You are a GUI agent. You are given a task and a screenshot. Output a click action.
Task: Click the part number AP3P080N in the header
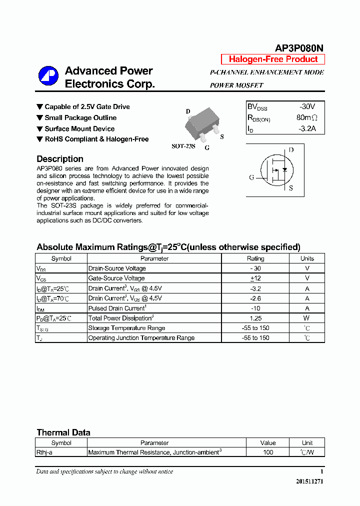[x=299, y=48]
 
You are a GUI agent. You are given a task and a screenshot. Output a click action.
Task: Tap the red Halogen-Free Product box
[x=273, y=59]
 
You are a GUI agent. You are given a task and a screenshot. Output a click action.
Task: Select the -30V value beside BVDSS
[x=306, y=106]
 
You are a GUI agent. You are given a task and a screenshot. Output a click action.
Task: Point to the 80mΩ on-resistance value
[x=306, y=118]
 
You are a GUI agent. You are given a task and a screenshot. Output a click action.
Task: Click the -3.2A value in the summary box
[x=306, y=128]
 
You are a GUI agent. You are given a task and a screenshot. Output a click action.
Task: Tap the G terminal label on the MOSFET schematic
[x=251, y=177]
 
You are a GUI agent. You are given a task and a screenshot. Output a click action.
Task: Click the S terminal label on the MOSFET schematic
[x=291, y=188]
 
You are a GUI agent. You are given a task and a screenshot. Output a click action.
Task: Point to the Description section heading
[x=60, y=159]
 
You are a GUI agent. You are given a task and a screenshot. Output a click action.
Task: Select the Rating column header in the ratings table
[x=255, y=258]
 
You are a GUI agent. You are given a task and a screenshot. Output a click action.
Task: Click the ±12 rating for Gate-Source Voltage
[x=255, y=278]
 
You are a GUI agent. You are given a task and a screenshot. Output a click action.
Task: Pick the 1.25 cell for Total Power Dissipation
[x=255, y=318]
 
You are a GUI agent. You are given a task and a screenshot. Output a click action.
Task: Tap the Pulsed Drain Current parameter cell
[x=117, y=308]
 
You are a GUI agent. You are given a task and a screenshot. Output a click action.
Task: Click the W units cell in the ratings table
[x=307, y=318]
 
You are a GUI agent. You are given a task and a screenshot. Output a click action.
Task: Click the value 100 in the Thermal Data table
[x=268, y=452]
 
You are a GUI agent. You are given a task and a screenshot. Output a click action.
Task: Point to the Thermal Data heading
[x=63, y=432]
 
